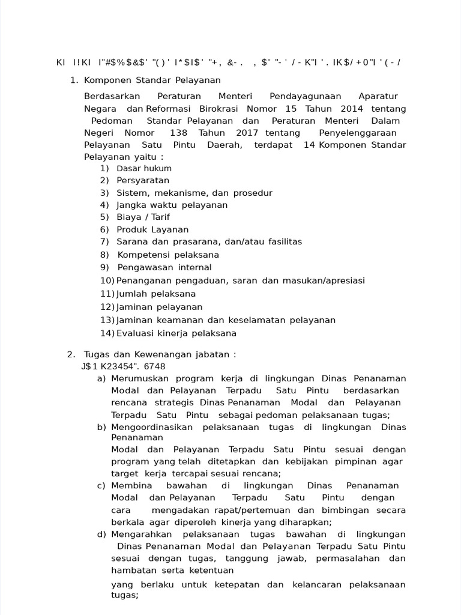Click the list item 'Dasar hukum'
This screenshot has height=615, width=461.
144,169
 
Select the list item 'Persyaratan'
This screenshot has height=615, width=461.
143,180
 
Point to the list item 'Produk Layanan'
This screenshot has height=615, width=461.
152,229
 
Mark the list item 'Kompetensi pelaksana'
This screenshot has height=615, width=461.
159,255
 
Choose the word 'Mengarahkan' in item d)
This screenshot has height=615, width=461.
142,534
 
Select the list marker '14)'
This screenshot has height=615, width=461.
107,333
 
